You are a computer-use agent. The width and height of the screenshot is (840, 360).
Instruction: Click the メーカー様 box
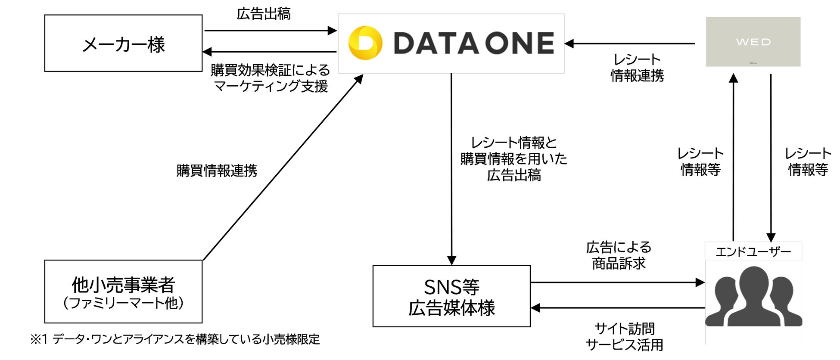(x=123, y=43)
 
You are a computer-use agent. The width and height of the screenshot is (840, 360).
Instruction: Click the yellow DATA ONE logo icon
(x=365, y=43)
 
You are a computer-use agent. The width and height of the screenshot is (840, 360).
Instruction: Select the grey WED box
(x=753, y=42)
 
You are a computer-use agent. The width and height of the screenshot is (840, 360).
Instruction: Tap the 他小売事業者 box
(x=123, y=292)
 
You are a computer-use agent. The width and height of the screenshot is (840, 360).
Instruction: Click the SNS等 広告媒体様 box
(x=451, y=296)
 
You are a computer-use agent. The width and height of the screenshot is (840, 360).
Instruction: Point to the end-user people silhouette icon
(x=753, y=297)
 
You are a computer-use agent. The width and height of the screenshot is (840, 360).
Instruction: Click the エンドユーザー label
(x=753, y=251)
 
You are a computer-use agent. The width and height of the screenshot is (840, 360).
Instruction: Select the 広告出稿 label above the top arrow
(x=264, y=14)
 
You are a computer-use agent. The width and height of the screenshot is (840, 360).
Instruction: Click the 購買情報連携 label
(x=217, y=171)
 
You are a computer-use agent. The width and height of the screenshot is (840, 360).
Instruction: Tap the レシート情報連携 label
(x=637, y=68)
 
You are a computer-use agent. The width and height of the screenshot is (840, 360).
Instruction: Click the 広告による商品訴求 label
(x=619, y=255)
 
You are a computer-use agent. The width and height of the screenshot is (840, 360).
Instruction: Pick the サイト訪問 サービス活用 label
(x=624, y=337)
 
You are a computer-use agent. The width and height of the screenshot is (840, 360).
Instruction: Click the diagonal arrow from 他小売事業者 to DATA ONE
(x=283, y=168)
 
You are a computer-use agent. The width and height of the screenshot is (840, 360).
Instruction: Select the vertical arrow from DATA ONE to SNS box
(x=451, y=168)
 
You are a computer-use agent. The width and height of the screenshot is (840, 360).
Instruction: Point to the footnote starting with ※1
(x=175, y=339)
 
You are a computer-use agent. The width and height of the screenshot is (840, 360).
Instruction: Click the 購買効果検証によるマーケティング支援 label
(x=270, y=78)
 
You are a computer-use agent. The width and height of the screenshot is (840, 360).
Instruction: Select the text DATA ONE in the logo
(x=473, y=43)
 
